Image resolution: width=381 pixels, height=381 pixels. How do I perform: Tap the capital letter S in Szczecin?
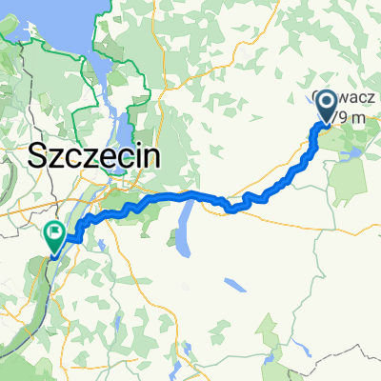[40, 154]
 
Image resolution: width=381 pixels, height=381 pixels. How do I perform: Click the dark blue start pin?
[327, 106]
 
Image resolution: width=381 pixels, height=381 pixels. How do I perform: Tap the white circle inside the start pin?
[327, 103]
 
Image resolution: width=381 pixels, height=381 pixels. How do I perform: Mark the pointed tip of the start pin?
[327, 126]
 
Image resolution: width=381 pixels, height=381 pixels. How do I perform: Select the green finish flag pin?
[53, 236]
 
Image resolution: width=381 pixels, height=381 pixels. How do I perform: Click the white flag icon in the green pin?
[53, 231]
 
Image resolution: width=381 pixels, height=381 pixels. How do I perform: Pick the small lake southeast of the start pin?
[354, 150]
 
